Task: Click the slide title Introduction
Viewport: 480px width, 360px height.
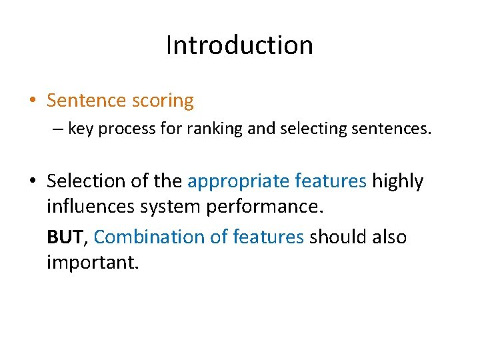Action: [x=239, y=45]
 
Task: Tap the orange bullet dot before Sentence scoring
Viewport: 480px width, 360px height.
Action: [x=33, y=101]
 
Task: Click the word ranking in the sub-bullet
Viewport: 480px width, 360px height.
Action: [x=218, y=129]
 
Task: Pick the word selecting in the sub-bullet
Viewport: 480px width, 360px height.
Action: [x=307, y=129]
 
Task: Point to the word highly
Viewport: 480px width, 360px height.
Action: [x=397, y=181]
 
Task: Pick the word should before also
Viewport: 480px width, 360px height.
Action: [x=336, y=237]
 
